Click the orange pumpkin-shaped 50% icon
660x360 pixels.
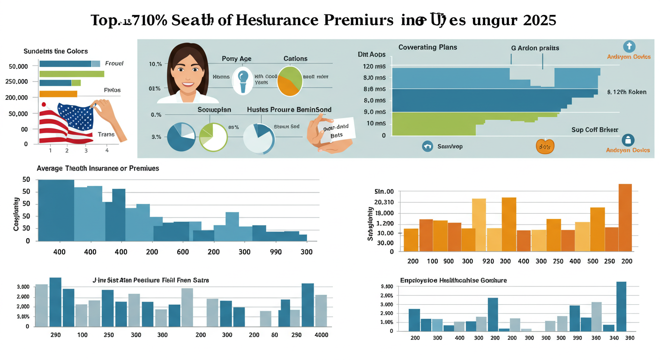pos(545,146)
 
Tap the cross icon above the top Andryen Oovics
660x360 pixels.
pos(629,46)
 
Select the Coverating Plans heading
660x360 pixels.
pos(427,47)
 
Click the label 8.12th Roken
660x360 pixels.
pos(626,92)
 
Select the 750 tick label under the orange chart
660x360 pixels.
pos(558,261)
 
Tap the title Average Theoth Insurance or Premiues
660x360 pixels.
pos(97,168)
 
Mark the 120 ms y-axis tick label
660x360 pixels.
pos(374,66)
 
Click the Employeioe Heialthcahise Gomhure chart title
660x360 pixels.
pos(453,280)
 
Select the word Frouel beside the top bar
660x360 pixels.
pos(114,63)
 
